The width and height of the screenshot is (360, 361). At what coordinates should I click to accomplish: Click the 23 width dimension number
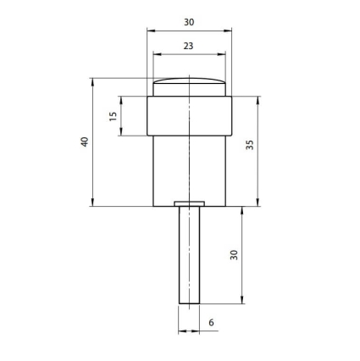coord(188,46)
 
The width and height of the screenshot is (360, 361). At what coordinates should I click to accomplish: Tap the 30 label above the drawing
coord(189,22)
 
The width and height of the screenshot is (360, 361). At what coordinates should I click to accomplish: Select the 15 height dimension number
coord(113,116)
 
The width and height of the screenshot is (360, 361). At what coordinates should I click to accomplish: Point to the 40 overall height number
coord(85,142)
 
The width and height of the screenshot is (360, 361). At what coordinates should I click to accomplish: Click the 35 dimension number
coord(250,145)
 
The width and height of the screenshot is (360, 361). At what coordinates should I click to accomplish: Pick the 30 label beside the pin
coord(234,255)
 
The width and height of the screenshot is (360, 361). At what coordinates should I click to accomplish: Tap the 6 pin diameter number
coord(212,322)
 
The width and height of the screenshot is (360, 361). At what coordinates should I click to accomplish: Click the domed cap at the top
coord(189,87)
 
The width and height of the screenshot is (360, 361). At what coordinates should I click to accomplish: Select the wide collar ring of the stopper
coord(189,116)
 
